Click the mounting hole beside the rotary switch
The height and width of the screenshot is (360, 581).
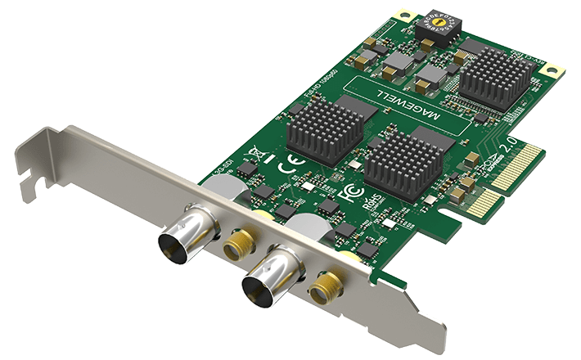(x=401, y=15)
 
